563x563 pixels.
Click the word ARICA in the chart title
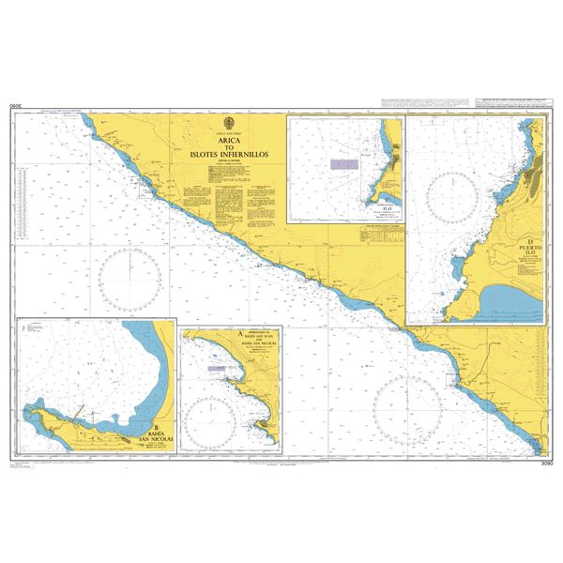click(229, 142)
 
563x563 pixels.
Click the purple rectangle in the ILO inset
click(342, 162)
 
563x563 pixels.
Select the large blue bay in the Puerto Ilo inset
click(511, 300)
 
